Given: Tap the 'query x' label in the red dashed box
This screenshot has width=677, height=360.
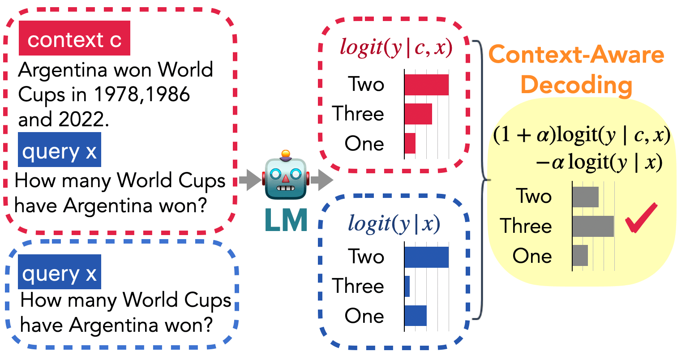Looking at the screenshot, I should point(60,152).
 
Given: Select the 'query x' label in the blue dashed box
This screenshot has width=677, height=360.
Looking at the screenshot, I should point(60,272).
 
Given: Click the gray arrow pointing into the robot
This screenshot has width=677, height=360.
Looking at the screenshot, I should point(249,180).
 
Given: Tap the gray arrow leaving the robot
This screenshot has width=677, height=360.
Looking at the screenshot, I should point(321,181).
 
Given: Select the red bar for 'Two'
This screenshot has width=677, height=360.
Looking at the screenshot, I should point(426,85).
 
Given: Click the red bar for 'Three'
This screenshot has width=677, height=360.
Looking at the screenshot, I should point(418,114).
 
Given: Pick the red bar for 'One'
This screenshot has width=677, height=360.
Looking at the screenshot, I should point(410,143).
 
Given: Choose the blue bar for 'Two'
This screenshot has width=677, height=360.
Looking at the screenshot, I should point(426,257).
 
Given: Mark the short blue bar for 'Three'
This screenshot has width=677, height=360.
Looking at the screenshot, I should point(407,286).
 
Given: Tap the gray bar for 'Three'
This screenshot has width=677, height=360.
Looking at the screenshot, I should point(593,226).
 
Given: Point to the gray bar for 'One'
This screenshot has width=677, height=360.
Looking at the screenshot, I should point(580,255).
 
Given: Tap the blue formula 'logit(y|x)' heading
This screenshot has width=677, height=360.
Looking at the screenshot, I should point(394,223).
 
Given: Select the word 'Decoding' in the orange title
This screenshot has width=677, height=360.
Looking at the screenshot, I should point(576,85).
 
